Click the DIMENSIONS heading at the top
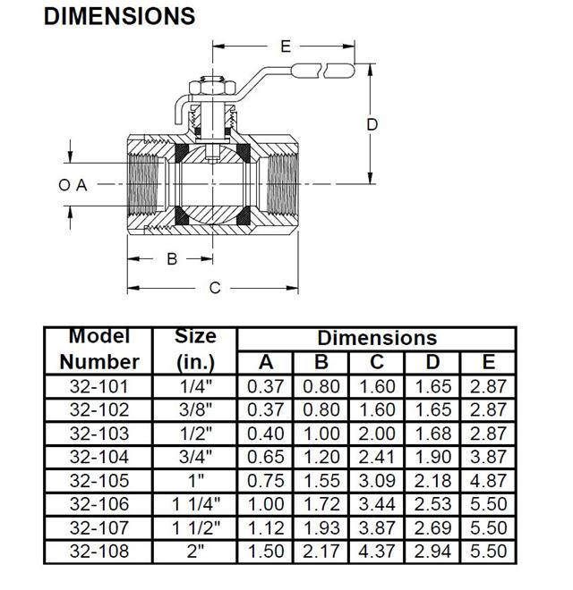(x=119, y=15)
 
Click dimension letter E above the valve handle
(x=286, y=46)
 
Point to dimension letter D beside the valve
(x=372, y=125)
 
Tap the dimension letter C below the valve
(x=215, y=288)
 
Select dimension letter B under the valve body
(x=172, y=259)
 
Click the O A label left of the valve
(x=73, y=185)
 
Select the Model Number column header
(x=98, y=350)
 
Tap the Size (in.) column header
(x=195, y=350)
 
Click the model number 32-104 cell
(x=98, y=457)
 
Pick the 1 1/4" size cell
(x=195, y=504)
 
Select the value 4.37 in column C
(x=377, y=552)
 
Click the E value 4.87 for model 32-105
(x=488, y=481)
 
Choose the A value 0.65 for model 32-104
(x=265, y=457)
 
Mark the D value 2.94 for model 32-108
(x=432, y=552)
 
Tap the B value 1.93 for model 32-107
(x=321, y=528)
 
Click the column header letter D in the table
(x=432, y=362)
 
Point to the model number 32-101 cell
(x=98, y=386)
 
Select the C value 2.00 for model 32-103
(x=377, y=434)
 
